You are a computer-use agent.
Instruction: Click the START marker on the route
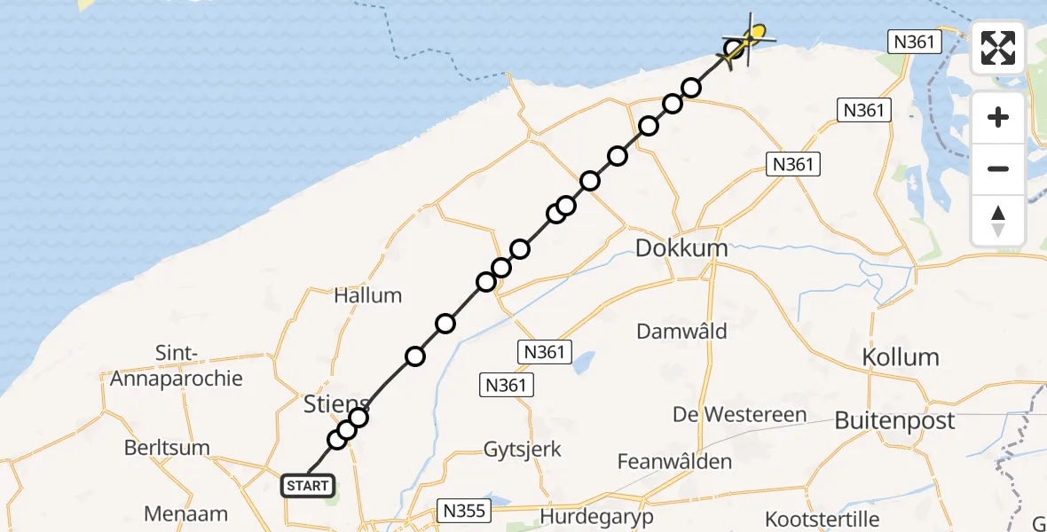pos(309,486)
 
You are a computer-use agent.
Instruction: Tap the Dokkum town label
pos(681,248)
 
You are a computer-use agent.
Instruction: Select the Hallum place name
pos(367,295)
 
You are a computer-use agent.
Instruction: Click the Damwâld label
pos(681,332)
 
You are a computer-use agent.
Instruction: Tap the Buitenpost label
pos(894,420)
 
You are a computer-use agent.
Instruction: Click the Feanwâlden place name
pos(675,461)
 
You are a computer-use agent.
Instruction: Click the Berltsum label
pos(166,447)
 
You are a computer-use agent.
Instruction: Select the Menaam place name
pos(186,513)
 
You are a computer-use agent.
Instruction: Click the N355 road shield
pos(463,511)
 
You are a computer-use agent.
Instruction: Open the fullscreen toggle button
pos(998,48)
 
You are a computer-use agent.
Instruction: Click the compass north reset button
pos(998,221)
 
